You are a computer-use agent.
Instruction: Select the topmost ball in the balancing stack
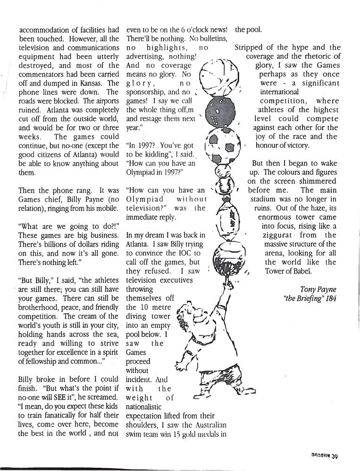(218, 75)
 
